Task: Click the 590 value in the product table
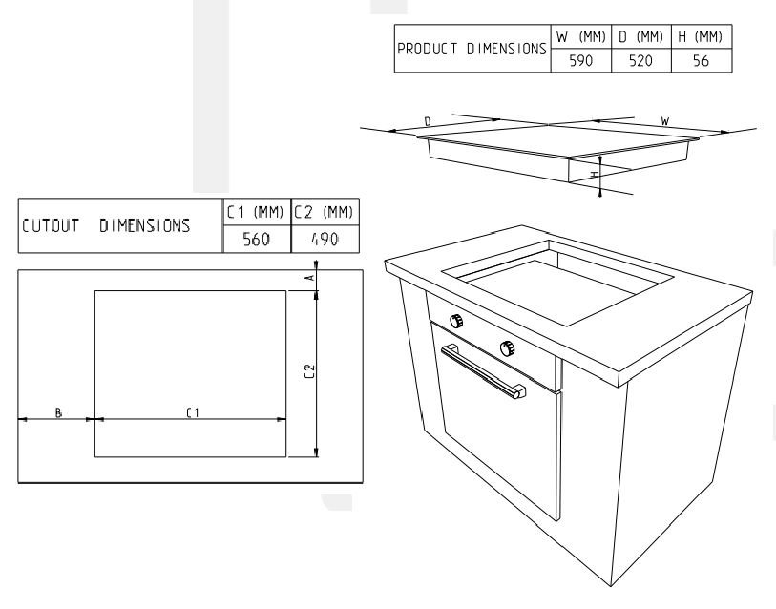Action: coord(580,60)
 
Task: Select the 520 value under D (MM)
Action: coord(640,60)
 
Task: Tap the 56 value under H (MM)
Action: coord(701,60)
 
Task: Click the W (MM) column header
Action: coord(581,36)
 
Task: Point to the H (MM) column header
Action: coord(701,36)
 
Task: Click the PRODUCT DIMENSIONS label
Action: coord(472,49)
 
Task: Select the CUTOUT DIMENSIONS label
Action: coord(106,226)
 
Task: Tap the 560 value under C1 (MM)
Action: coord(257,240)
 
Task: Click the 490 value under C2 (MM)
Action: coord(325,240)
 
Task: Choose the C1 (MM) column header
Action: coord(256,212)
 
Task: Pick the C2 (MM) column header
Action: coord(324,212)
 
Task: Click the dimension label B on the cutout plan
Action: coord(58,412)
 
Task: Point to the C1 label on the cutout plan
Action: coord(193,412)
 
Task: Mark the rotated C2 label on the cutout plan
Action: coord(309,371)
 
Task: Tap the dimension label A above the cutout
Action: coord(311,277)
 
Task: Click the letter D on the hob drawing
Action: coord(428,121)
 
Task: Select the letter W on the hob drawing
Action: coord(665,121)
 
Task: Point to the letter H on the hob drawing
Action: coord(595,175)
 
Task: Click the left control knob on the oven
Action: coord(456,321)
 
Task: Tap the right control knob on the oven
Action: coord(507,348)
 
